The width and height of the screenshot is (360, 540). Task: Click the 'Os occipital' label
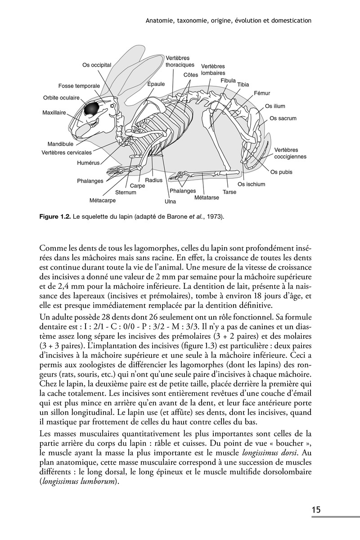(96, 65)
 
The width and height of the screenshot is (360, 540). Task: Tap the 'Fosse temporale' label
(79, 86)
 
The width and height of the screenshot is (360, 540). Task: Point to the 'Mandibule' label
(60, 144)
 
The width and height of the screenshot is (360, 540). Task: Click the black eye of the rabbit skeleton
(92, 108)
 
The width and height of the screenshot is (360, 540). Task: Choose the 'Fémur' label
(262, 93)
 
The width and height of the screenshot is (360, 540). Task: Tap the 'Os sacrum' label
(283, 118)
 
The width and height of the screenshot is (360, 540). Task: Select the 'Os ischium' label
(252, 184)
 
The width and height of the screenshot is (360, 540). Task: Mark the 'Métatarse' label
(207, 198)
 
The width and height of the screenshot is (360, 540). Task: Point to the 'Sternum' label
(126, 192)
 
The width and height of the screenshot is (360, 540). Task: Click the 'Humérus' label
(88, 163)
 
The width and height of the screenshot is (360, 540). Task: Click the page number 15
(316, 510)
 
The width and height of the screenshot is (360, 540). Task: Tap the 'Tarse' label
(229, 192)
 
